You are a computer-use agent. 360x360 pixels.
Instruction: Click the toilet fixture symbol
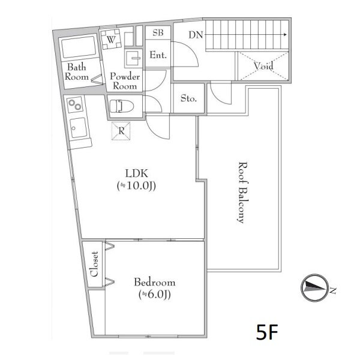click(x=121, y=106)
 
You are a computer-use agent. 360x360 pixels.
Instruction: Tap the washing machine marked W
click(x=111, y=39)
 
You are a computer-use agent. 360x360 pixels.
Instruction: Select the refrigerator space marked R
click(x=121, y=131)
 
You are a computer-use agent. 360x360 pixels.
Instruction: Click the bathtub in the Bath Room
click(x=79, y=47)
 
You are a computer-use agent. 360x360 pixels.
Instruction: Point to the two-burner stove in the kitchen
click(x=75, y=104)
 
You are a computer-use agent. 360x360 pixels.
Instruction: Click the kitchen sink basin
click(x=79, y=128)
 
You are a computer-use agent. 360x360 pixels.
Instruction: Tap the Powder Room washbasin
click(x=133, y=58)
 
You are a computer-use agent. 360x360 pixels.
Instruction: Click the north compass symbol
click(x=314, y=287)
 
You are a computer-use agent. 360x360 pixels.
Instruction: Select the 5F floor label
click(x=267, y=332)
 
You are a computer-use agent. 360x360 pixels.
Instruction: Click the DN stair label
click(x=196, y=35)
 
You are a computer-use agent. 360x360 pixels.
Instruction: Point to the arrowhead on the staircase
click(x=285, y=35)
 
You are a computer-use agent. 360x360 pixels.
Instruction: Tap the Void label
click(x=263, y=66)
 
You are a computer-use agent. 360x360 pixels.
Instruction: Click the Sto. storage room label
click(x=188, y=98)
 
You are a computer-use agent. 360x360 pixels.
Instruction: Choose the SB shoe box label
click(x=158, y=33)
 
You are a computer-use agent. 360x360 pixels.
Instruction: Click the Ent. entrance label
click(x=158, y=55)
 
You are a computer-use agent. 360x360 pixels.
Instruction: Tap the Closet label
click(x=94, y=264)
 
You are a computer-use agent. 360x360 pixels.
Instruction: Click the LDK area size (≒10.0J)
click(x=136, y=186)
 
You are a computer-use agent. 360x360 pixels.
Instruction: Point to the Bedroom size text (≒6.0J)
click(x=155, y=295)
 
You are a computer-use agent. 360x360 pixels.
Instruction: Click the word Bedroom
click(x=155, y=282)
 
